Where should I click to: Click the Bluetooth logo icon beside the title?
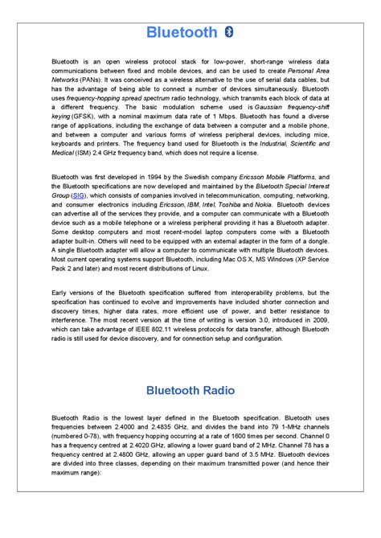tap(227, 33)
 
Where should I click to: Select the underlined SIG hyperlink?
tap(79, 195)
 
